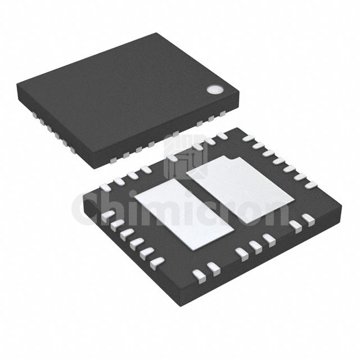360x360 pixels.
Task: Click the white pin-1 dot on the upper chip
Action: click(214, 89)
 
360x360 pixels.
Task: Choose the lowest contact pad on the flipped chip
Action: click(199, 274)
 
